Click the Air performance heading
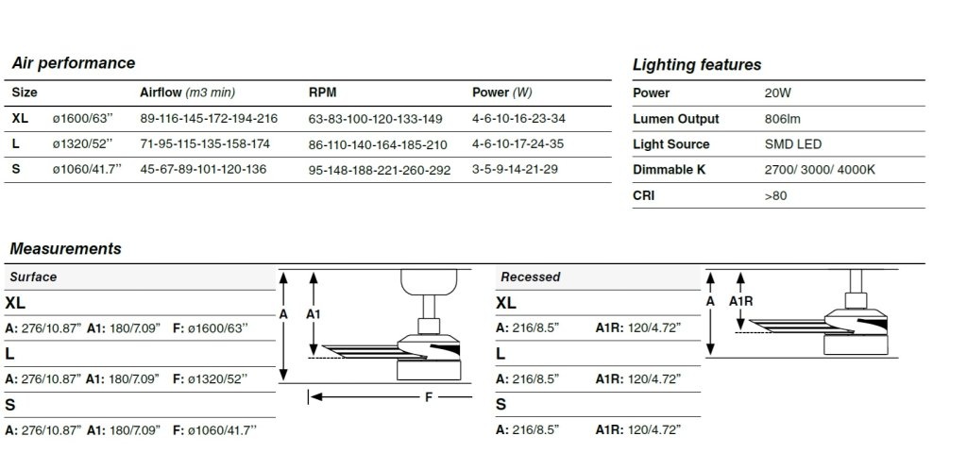tap(74, 63)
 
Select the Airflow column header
tap(188, 92)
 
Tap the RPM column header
tap(323, 92)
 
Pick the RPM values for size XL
tap(375, 119)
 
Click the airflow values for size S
tap(203, 169)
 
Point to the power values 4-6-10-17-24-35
tap(517, 143)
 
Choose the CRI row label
tap(643, 195)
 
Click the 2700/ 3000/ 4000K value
tap(819, 170)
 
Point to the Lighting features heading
tap(697, 65)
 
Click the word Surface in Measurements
tap(33, 277)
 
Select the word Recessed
tap(531, 277)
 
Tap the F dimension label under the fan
tap(429, 397)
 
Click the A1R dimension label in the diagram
tap(740, 301)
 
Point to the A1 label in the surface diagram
tap(314, 314)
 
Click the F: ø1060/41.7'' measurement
tap(214, 430)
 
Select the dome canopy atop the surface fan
tap(429, 282)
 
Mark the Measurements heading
tap(65, 248)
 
